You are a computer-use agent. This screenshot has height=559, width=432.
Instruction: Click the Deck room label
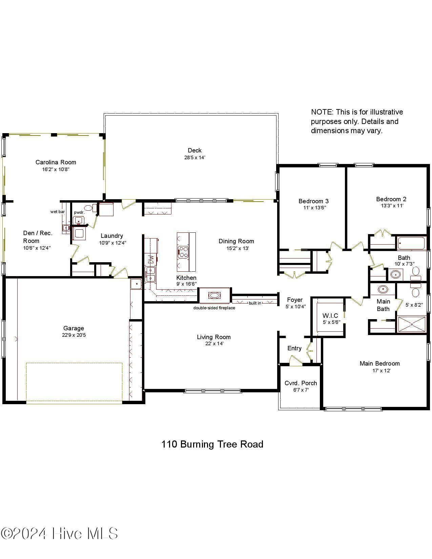pyautogui.click(x=194, y=150)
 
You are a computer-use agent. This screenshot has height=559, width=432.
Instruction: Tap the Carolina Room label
pyautogui.click(x=56, y=162)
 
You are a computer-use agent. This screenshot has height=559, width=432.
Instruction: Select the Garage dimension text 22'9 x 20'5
pyautogui.click(x=74, y=335)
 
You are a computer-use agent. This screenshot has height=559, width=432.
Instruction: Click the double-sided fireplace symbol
pyautogui.click(x=214, y=295)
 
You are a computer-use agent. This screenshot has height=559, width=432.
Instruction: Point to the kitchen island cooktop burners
pyautogui.click(x=183, y=251)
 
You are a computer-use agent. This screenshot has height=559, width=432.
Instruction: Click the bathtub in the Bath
pyautogui.click(x=411, y=243)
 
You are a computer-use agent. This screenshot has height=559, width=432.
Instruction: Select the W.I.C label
pyautogui.click(x=330, y=315)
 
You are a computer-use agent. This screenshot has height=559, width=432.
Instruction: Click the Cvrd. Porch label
pyautogui.click(x=301, y=383)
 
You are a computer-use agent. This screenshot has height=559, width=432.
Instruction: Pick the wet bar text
pyautogui.click(x=58, y=212)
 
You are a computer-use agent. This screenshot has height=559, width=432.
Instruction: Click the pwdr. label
pyautogui.click(x=79, y=212)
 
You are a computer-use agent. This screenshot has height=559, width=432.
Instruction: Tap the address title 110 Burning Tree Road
pyautogui.click(x=212, y=444)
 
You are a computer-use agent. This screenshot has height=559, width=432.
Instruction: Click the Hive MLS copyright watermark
pyautogui.click(x=59, y=534)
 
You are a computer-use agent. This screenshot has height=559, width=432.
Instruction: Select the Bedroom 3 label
pyautogui.click(x=313, y=201)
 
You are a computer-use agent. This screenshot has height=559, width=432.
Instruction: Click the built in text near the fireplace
pyautogui.click(x=255, y=303)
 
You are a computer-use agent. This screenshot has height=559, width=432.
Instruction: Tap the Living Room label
pyautogui.click(x=214, y=337)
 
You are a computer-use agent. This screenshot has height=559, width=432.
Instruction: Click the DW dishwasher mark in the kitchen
pyautogui.click(x=151, y=261)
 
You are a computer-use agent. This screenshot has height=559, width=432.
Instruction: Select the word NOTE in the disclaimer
pyautogui.click(x=322, y=112)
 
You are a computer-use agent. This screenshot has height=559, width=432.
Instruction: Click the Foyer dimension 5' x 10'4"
pyautogui.click(x=295, y=307)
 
